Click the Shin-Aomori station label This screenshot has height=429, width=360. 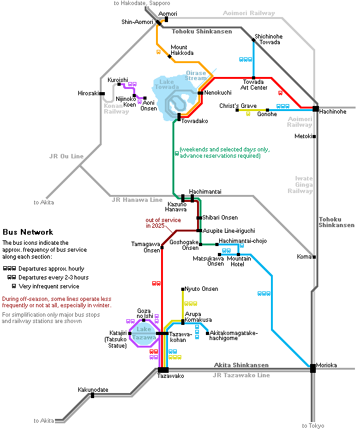click(137, 22)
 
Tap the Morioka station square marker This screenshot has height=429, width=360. click(313, 368)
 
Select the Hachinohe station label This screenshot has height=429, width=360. click(333, 112)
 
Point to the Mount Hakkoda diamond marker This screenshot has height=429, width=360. click(170, 57)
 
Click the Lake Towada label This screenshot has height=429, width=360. click(167, 85)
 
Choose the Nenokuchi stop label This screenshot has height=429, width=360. click(218, 93)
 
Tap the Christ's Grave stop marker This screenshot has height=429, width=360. click(237, 110)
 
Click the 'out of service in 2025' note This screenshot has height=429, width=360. click(163, 223)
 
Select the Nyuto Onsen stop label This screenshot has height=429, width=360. click(201, 289)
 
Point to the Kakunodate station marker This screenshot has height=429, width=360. click(93, 396)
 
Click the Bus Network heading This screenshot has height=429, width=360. click(28, 232)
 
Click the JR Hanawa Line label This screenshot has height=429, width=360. click(137, 200)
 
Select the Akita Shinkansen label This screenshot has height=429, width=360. click(241, 365)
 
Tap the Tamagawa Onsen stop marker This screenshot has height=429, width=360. click(162, 247)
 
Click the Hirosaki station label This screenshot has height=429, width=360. click(88, 93)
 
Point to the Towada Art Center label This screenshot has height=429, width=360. click(254, 85)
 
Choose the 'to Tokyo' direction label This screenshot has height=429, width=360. click(313, 426)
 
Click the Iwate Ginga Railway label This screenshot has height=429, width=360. click(300, 185)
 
